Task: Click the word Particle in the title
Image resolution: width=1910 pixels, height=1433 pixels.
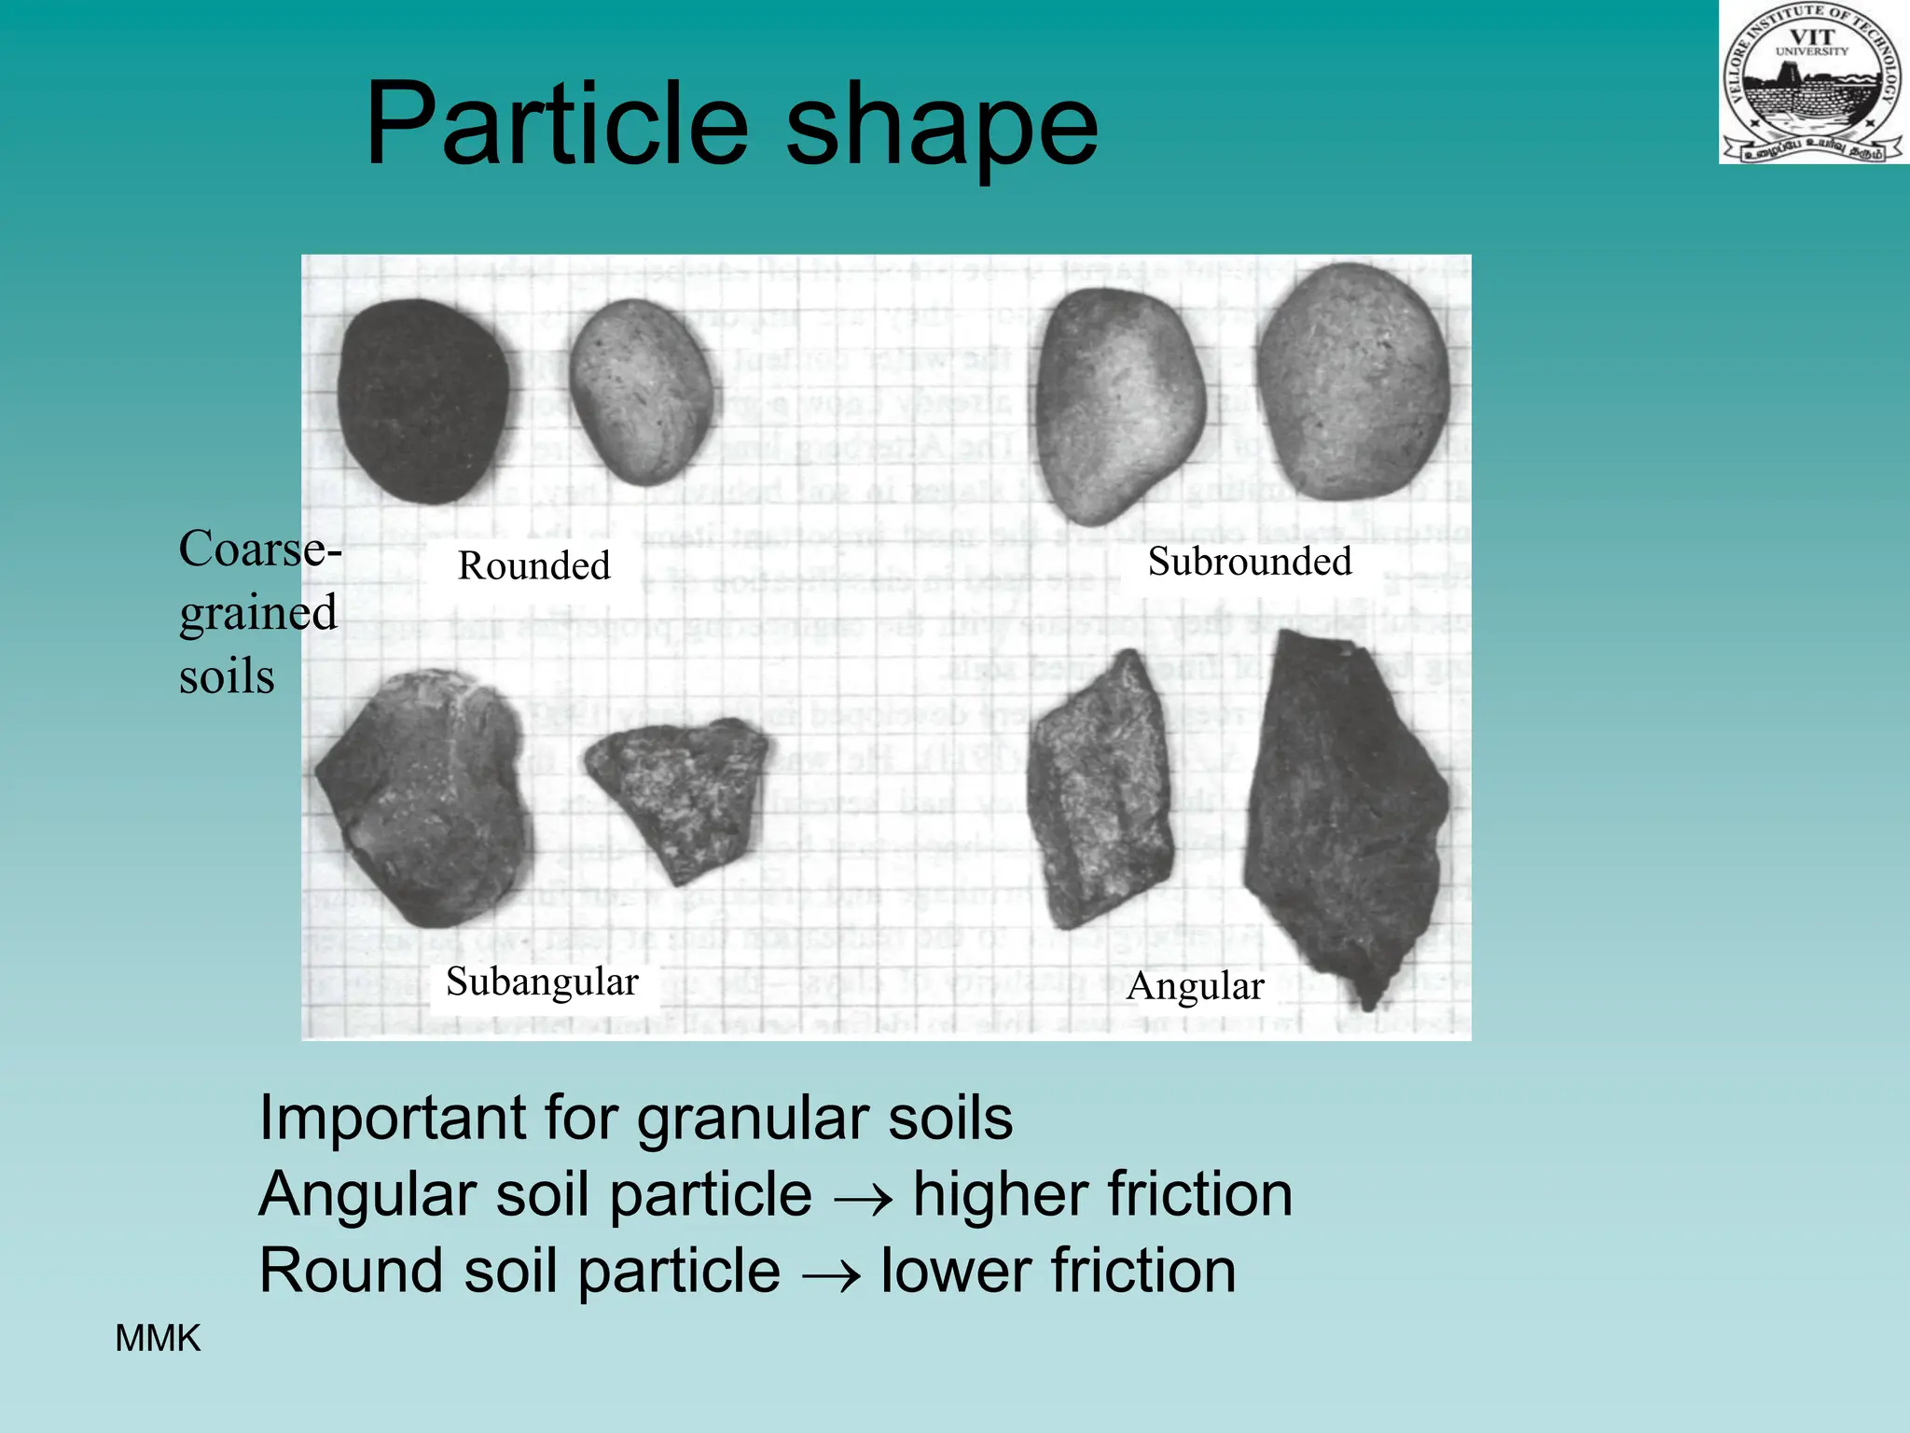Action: pyautogui.click(x=556, y=124)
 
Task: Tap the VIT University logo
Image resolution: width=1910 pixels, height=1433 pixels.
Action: pyautogui.click(x=1813, y=83)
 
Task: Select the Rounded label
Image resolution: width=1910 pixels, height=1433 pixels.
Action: pyautogui.click(x=533, y=565)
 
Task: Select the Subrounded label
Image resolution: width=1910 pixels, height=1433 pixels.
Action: pyautogui.click(x=1249, y=562)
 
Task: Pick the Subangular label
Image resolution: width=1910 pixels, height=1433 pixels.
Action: pyautogui.click(x=542, y=981)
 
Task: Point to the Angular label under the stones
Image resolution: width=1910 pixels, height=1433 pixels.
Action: pyautogui.click(x=1195, y=986)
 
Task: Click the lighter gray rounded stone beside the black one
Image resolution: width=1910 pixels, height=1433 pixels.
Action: pyautogui.click(x=641, y=391)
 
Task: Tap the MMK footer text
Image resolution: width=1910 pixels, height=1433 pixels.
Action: pyautogui.click(x=157, y=1339)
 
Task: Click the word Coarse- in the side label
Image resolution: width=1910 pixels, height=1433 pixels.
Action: pyautogui.click(x=259, y=549)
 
